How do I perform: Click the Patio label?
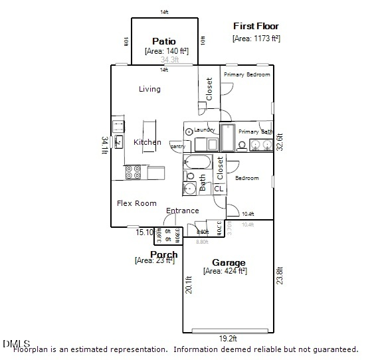(164, 41)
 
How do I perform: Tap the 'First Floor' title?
(256, 26)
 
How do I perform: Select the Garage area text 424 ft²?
(225, 271)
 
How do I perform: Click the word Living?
(149, 89)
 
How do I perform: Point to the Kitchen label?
(147, 142)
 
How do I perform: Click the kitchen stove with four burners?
(134, 173)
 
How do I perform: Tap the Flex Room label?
(137, 203)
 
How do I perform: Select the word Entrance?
(182, 211)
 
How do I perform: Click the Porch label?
(163, 254)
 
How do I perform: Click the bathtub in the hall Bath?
(197, 163)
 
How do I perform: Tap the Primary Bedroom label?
(246, 74)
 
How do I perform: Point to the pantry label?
(177, 146)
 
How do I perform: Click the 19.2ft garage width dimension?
(228, 338)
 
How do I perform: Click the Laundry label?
(205, 130)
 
